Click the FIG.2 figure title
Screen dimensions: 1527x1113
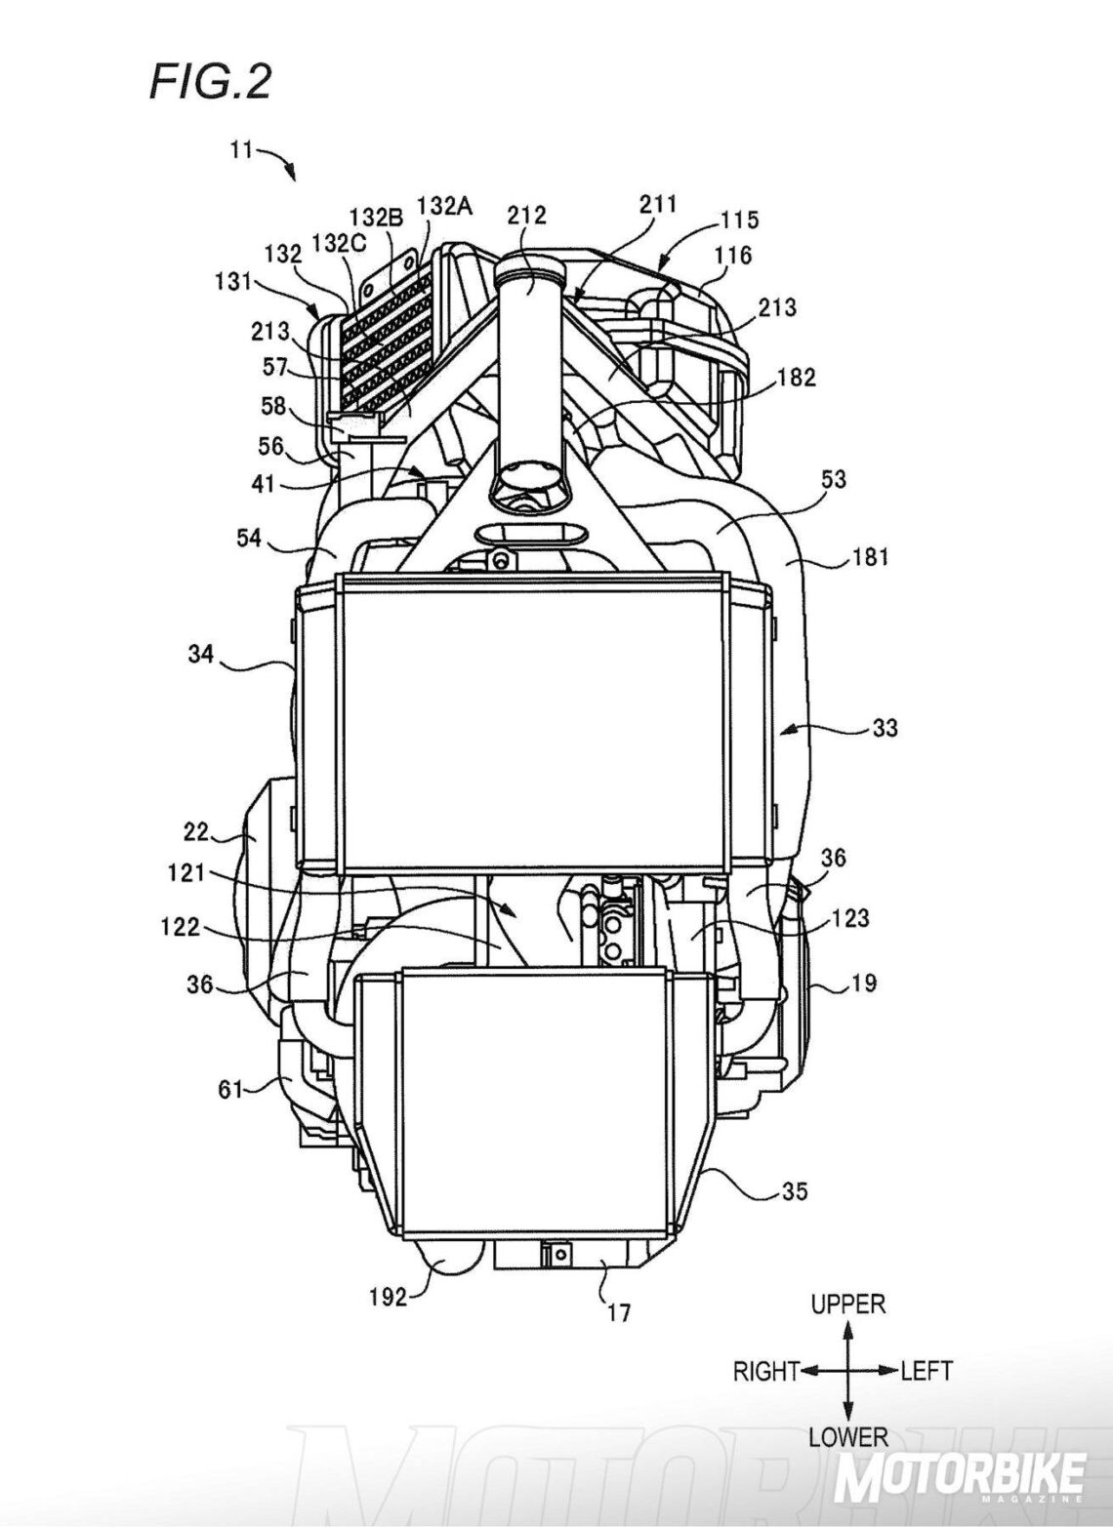coord(209,83)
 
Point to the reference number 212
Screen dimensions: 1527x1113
coord(527,215)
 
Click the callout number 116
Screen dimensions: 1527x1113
coord(732,256)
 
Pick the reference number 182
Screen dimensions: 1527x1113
coord(797,377)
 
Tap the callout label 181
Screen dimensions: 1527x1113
coord(867,557)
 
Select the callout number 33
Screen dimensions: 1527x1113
coord(883,728)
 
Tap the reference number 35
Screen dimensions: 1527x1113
coord(795,1190)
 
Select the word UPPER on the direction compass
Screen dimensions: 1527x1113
coord(848,1305)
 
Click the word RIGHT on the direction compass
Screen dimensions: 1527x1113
coord(766,1371)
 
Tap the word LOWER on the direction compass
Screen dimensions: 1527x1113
coord(848,1436)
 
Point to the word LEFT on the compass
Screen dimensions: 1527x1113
coord(927,1371)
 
